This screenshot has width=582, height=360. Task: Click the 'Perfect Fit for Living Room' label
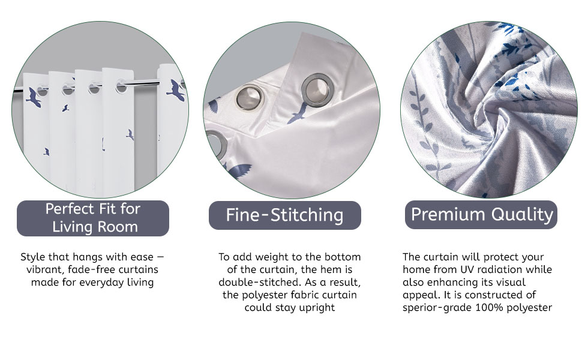(93, 218)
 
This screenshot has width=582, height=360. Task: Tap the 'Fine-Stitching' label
(284, 215)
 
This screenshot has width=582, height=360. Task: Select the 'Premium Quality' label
(481, 215)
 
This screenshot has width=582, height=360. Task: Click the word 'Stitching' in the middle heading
(307, 215)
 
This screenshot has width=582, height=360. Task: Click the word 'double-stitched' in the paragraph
(259, 283)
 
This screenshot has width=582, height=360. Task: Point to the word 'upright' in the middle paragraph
(317, 308)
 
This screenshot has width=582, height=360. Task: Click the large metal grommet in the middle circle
(316, 89)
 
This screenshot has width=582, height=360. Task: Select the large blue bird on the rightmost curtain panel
(175, 91)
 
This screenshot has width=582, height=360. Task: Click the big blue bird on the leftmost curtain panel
(34, 97)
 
